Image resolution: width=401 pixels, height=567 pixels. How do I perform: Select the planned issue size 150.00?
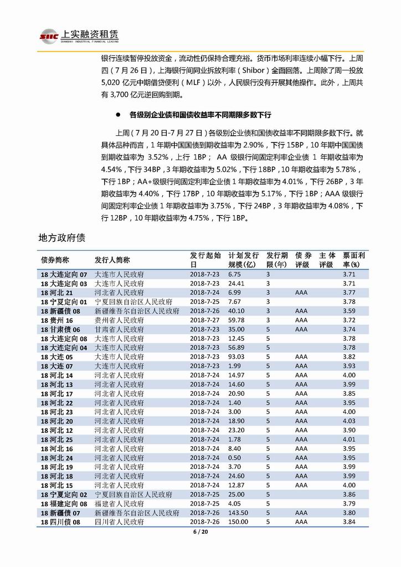coord(238,522)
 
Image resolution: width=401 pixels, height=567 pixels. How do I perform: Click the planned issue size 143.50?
coord(238,513)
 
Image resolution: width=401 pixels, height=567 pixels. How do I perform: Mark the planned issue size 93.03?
coord(236,357)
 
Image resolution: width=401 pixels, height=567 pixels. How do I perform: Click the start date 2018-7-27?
coord(204,320)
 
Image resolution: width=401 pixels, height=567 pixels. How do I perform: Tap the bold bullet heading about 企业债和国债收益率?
coord(200,115)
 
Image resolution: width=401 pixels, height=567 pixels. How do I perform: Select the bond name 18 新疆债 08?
coord(61,311)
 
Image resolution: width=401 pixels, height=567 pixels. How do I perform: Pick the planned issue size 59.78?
coord(236,320)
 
